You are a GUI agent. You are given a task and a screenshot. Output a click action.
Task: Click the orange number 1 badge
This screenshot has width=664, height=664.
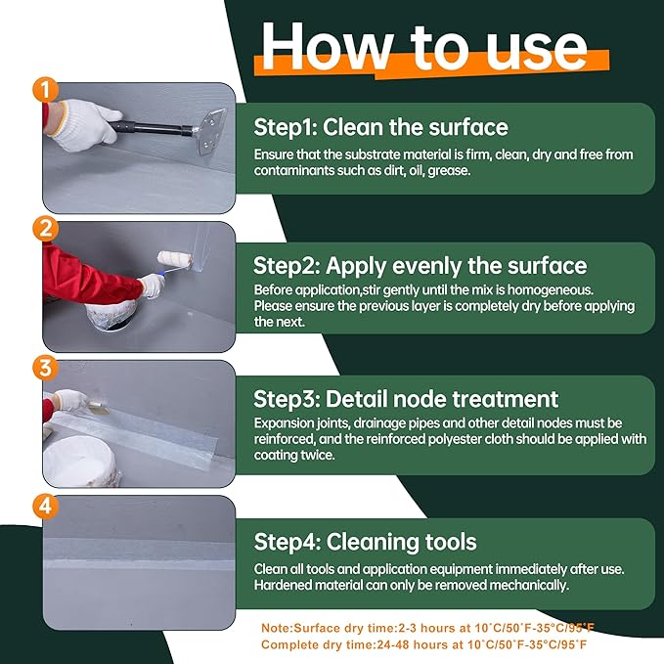click(x=45, y=89)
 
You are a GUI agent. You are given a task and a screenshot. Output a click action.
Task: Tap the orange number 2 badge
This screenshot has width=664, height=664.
click(x=45, y=229)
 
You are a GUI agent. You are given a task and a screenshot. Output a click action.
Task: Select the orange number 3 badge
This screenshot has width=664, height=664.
click(x=45, y=367)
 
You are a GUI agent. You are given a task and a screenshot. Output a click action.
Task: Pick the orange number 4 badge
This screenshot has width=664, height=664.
click(x=45, y=506)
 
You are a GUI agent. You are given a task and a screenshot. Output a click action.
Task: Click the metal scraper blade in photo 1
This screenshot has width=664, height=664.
click(x=210, y=131)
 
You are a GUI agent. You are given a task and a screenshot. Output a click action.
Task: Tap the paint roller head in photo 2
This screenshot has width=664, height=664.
click(x=175, y=259)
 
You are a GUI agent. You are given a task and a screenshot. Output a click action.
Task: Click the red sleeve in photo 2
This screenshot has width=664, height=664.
click(x=90, y=275)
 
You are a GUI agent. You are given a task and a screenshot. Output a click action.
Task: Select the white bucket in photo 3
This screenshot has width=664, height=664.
click(x=80, y=462)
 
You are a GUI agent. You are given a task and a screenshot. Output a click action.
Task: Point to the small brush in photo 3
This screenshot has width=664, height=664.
click(x=97, y=407)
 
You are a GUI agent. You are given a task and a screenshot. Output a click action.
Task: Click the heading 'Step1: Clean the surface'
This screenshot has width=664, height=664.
click(x=380, y=127)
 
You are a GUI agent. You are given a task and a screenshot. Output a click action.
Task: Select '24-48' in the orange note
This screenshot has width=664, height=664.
click(x=394, y=645)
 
